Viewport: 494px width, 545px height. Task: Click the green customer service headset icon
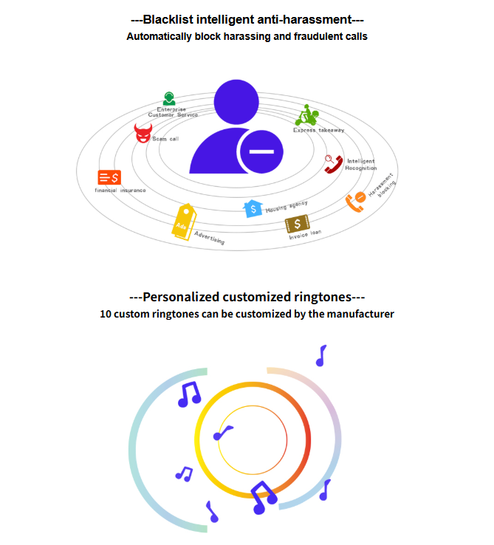click(169, 98)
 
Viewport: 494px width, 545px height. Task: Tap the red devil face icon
click(143, 133)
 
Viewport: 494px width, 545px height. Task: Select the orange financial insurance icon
click(109, 177)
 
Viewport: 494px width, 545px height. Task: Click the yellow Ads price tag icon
click(185, 222)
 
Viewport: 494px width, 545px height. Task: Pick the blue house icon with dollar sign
click(253, 208)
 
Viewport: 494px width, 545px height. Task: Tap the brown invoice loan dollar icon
click(298, 224)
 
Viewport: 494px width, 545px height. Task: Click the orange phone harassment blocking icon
click(356, 202)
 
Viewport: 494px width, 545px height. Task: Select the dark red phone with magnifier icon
click(333, 164)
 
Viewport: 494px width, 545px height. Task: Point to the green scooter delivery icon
click(306, 115)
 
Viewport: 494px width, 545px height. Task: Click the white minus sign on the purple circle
click(262, 151)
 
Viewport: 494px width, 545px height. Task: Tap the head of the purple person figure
click(236, 102)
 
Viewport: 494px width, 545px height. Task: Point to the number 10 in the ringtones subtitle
click(106, 314)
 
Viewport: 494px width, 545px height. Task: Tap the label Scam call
click(165, 139)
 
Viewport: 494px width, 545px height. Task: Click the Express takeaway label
click(319, 130)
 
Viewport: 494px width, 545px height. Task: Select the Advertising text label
click(209, 238)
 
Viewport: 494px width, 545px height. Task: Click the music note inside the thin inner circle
click(223, 433)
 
